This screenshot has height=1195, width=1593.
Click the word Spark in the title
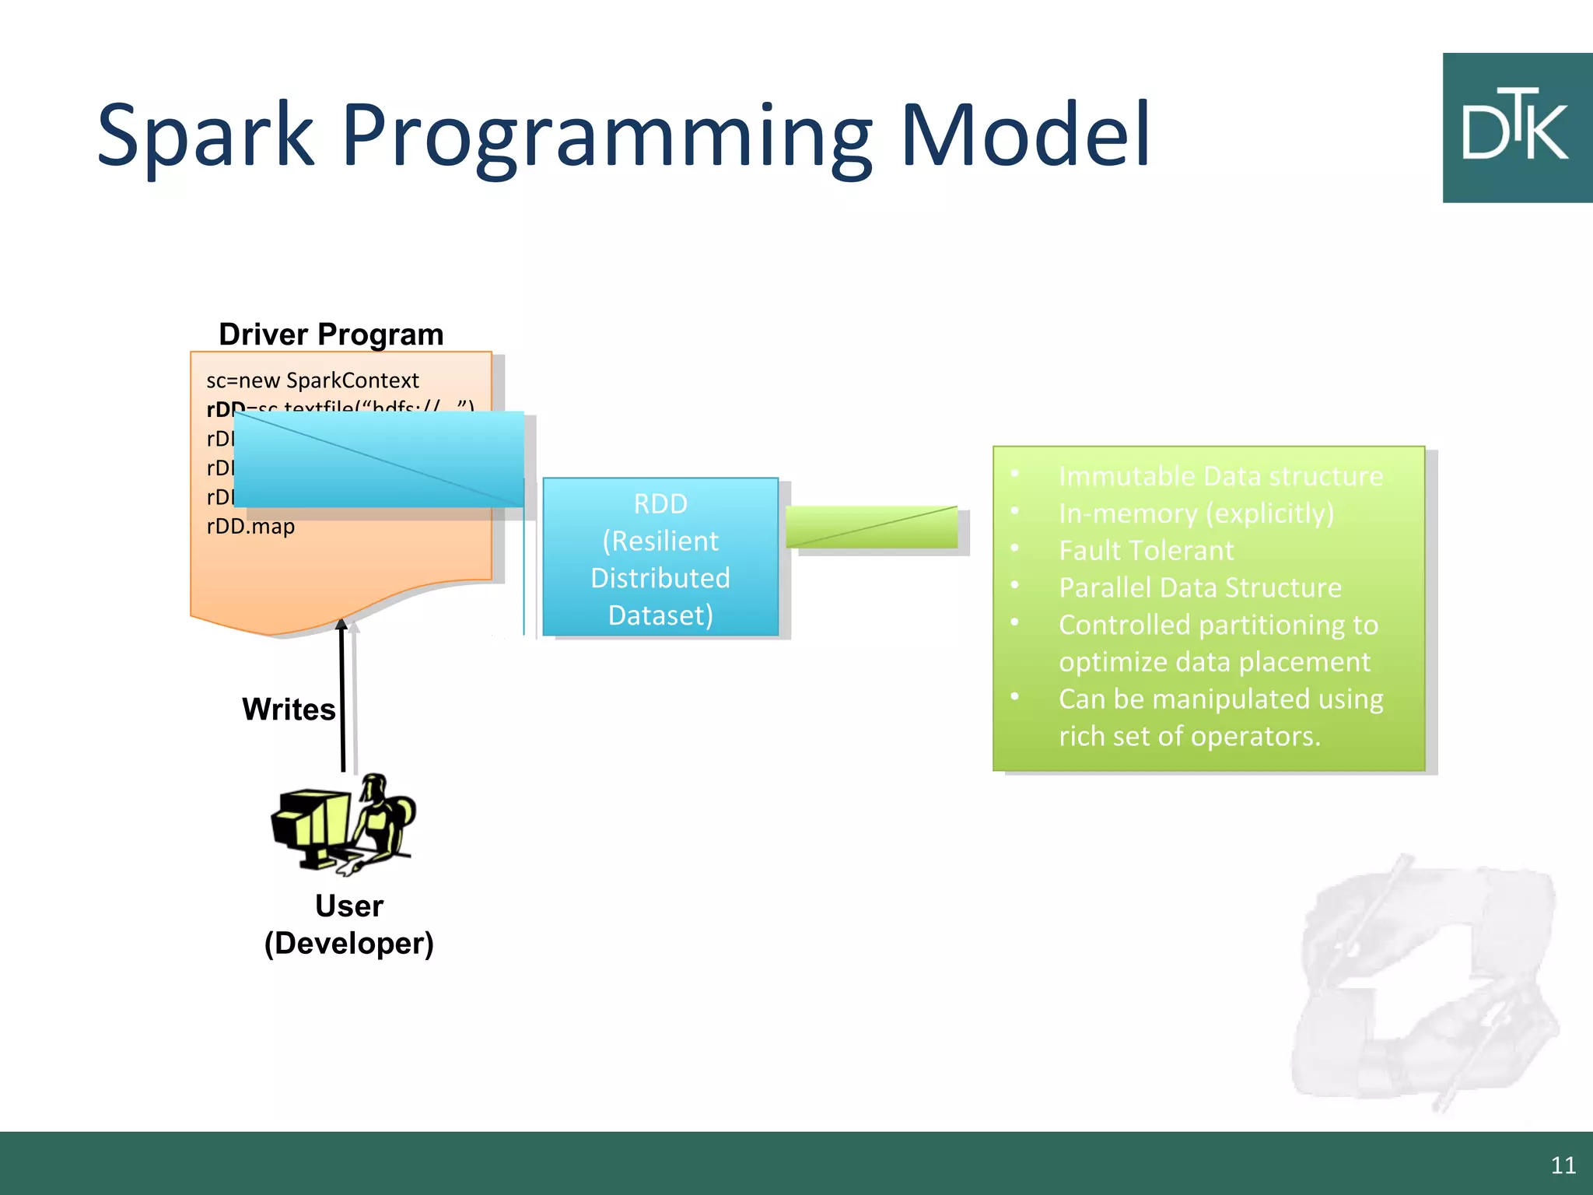coord(205,136)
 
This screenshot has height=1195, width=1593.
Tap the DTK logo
coord(1516,128)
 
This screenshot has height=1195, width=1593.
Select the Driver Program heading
coord(331,335)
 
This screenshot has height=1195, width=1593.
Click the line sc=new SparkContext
coord(313,380)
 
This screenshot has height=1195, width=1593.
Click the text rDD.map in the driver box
coord(250,527)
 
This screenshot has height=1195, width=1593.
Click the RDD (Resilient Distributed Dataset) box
coord(660,559)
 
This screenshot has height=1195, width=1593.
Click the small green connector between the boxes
coord(871,527)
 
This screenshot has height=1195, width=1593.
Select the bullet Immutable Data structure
coord(1220,476)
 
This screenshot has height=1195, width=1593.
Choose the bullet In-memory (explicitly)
coord(1196,513)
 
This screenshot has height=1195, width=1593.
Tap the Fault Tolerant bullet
coord(1146,551)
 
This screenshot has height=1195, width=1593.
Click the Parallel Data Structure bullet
coord(1200,588)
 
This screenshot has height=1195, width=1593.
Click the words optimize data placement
coord(1214,662)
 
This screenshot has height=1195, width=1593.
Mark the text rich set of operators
coord(1189,736)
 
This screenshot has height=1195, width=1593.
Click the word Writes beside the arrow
coord(289,710)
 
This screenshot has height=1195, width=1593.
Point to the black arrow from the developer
coord(342,700)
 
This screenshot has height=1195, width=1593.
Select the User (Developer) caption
coord(349,925)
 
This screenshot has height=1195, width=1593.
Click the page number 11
coord(1563,1165)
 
